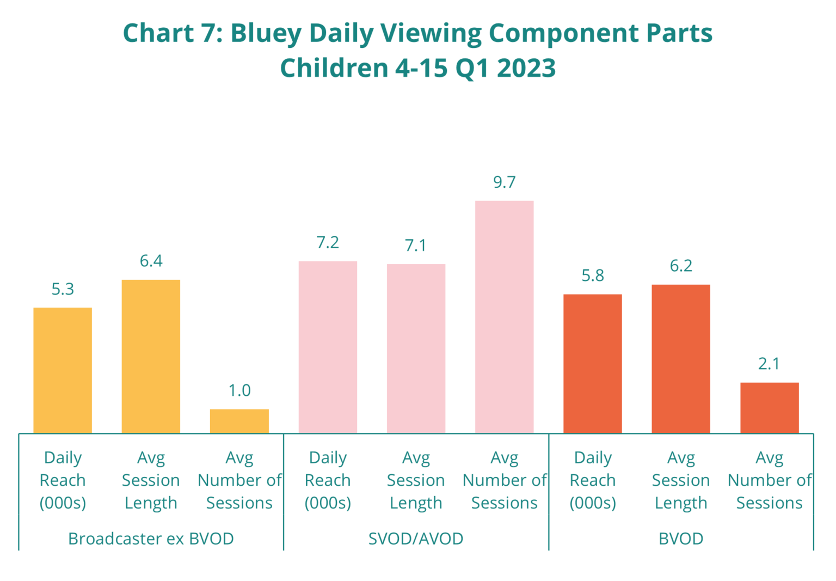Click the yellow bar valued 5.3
(x=63, y=370)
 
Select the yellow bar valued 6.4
(x=151, y=356)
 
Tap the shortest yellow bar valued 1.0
(x=239, y=421)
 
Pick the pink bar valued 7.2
(x=328, y=347)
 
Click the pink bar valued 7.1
(x=416, y=348)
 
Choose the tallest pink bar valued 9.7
(x=504, y=317)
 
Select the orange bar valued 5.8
(x=593, y=364)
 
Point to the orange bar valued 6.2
(x=681, y=359)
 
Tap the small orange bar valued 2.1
(x=769, y=408)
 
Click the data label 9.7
(x=504, y=183)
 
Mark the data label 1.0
(x=239, y=391)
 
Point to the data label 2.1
(x=769, y=364)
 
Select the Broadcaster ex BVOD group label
(x=151, y=539)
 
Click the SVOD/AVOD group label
(x=416, y=539)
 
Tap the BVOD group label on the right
(x=681, y=539)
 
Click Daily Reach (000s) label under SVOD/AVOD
(x=328, y=480)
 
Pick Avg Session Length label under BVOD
(x=681, y=480)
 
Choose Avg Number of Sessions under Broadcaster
(x=239, y=480)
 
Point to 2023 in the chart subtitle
(x=526, y=69)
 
